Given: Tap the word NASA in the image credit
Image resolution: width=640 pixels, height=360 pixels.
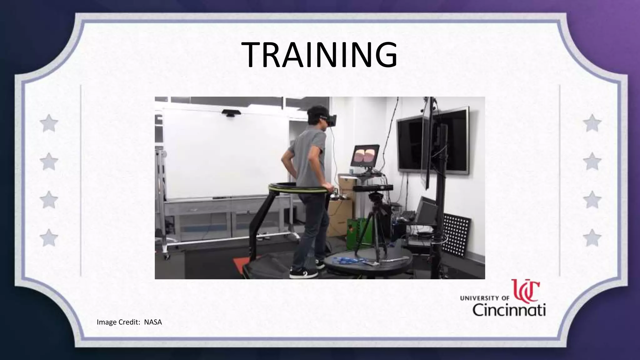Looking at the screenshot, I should pyautogui.click(x=153, y=322).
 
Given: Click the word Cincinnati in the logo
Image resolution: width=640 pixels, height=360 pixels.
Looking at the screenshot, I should pyautogui.click(x=509, y=310).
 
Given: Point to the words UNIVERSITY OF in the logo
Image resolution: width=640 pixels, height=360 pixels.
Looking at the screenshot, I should pyautogui.click(x=485, y=298).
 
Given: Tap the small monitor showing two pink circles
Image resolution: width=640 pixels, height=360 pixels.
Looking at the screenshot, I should pyautogui.click(x=365, y=156).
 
